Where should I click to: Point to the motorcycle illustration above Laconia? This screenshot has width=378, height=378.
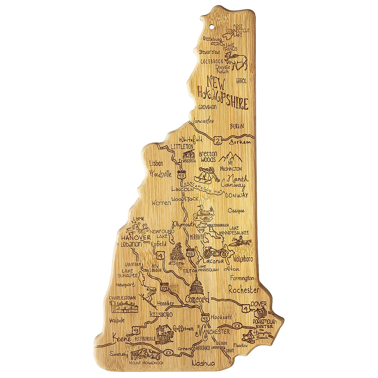coord(215,252)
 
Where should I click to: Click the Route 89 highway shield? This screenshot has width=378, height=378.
coord(164,288)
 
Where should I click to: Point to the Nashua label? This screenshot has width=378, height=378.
coord(203,363)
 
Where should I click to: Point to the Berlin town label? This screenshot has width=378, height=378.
coord(237,126)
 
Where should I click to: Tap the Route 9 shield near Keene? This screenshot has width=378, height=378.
coord(135,330)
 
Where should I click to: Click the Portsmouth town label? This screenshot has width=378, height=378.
coord(265,322)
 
